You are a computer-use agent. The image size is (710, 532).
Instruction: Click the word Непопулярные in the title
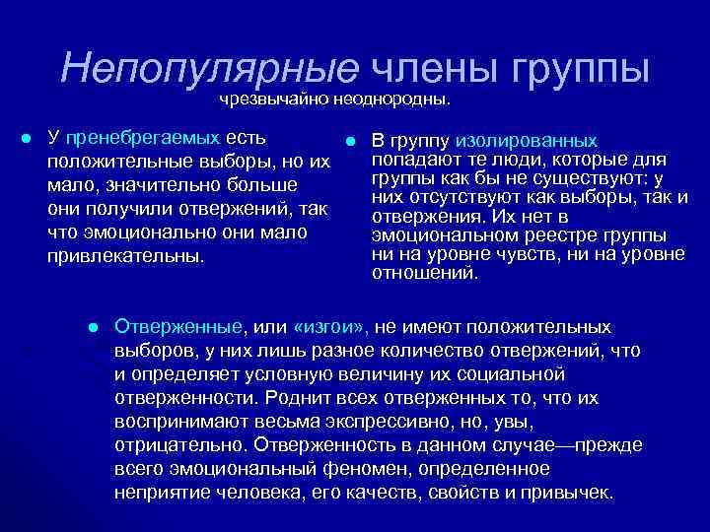pos(209,67)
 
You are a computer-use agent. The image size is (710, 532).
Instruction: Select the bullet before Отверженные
pos(92,327)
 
